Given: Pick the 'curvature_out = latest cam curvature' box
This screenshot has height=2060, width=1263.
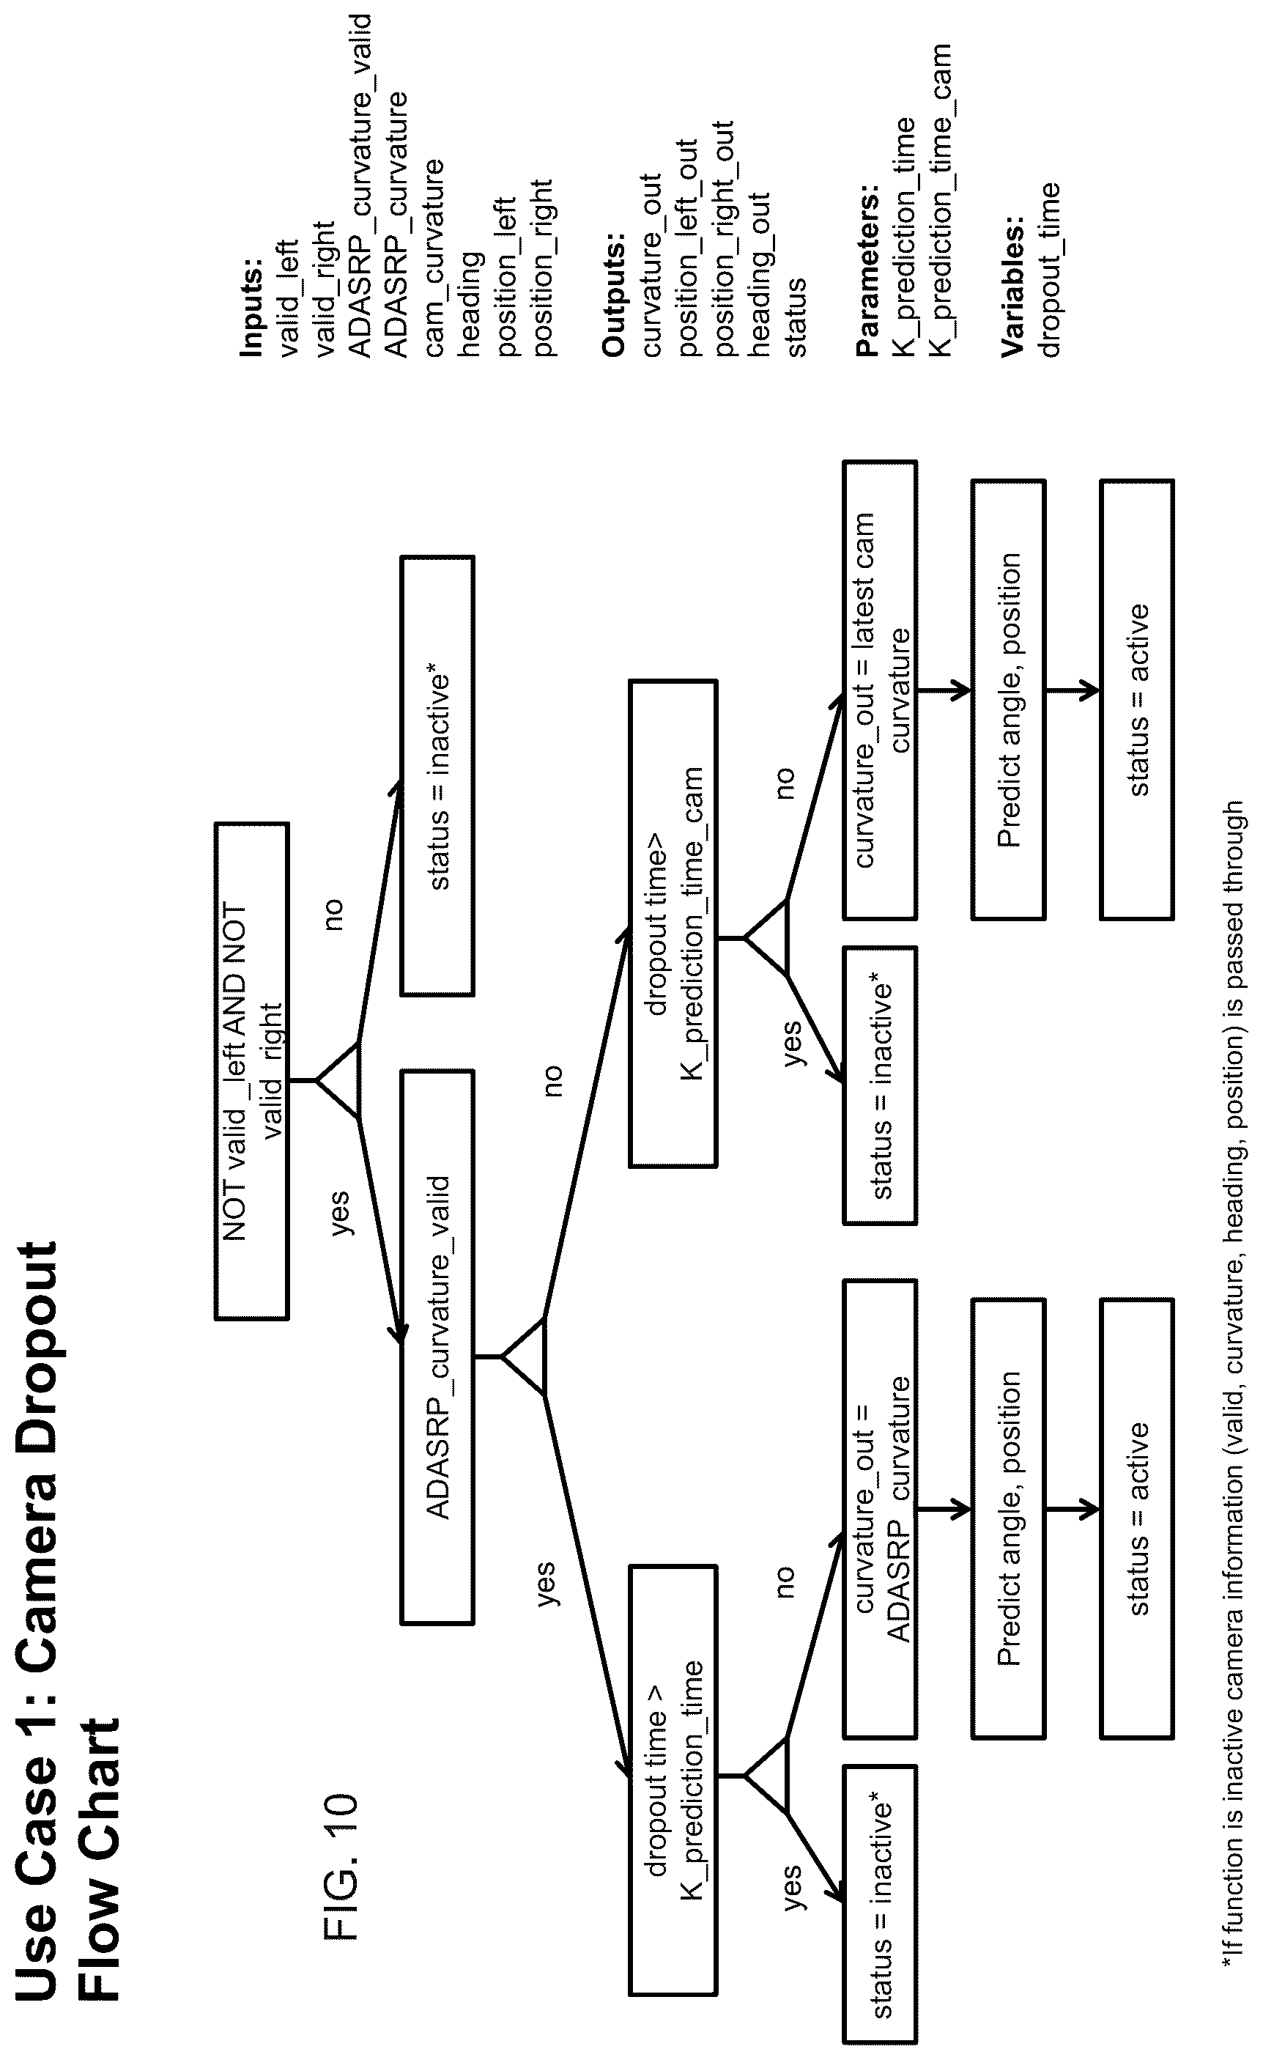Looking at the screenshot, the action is point(880,690).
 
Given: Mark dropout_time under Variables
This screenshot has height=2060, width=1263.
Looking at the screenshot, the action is point(1050,270).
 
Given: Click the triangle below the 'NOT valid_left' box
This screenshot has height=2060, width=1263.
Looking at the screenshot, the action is point(338,1080).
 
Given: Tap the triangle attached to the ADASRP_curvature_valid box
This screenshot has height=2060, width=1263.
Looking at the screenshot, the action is point(524,1356).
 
